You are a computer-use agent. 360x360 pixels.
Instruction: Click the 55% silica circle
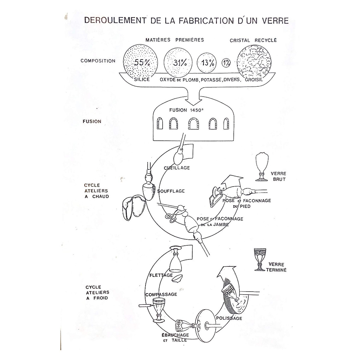[141, 62]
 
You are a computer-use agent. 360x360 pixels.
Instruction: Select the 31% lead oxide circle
[179, 63]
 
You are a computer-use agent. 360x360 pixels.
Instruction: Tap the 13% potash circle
[207, 63]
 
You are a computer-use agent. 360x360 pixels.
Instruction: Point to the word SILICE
[142, 80]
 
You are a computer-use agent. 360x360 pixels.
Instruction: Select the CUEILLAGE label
[177, 168]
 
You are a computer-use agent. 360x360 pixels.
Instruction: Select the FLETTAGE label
[161, 275]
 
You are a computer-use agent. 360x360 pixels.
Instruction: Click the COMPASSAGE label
[161, 294]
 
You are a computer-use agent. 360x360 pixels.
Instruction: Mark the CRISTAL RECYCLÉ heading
[253, 40]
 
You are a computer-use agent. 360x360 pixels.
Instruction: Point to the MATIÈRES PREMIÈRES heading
[175, 40]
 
